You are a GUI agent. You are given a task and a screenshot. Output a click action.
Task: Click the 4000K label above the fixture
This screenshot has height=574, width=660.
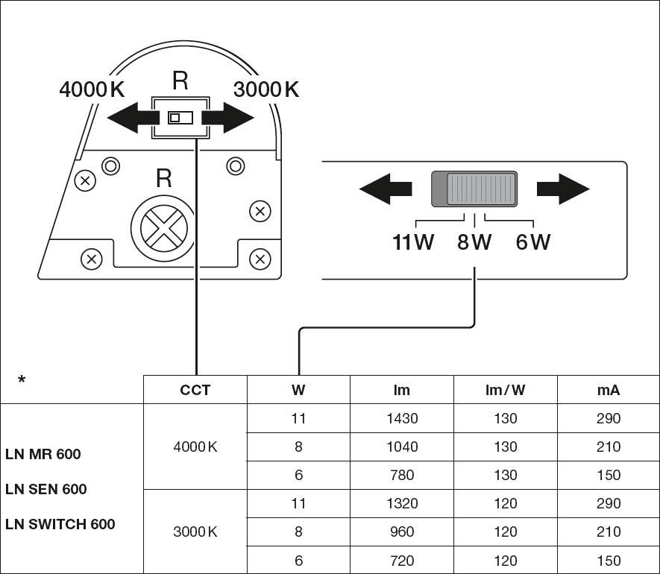(92, 90)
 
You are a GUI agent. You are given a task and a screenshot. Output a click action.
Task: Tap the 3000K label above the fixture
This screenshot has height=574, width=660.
(266, 90)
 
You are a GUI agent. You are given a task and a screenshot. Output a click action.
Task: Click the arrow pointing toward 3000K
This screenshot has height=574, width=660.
(230, 118)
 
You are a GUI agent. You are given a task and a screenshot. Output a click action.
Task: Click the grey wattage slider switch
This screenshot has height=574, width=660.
(474, 189)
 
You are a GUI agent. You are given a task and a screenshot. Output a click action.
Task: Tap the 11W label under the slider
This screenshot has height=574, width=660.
(413, 243)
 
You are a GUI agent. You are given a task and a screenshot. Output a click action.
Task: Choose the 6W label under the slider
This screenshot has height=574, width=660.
(532, 243)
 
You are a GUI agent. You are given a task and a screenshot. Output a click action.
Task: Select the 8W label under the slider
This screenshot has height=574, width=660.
(474, 243)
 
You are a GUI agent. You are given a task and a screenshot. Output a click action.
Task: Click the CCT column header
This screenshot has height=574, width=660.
(195, 390)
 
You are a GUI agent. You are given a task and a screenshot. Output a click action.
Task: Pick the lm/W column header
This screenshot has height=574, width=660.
(505, 390)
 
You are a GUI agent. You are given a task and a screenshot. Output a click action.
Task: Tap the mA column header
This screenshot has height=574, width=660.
(609, 390)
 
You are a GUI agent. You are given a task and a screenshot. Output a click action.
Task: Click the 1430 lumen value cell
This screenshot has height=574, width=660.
(402, 418)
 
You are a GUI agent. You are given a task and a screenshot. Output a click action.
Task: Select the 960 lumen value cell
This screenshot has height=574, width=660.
(402, 532)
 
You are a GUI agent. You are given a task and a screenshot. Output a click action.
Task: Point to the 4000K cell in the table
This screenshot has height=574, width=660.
(195, 447)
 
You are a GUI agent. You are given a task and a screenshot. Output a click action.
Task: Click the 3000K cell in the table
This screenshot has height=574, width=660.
(195, 532)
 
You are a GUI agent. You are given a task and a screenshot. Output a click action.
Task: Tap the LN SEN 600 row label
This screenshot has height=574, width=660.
(46, 489)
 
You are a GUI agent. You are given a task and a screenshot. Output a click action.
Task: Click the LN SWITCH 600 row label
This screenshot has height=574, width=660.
(60, 524)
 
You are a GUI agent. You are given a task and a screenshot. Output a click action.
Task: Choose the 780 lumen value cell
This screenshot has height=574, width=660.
(402, 475)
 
